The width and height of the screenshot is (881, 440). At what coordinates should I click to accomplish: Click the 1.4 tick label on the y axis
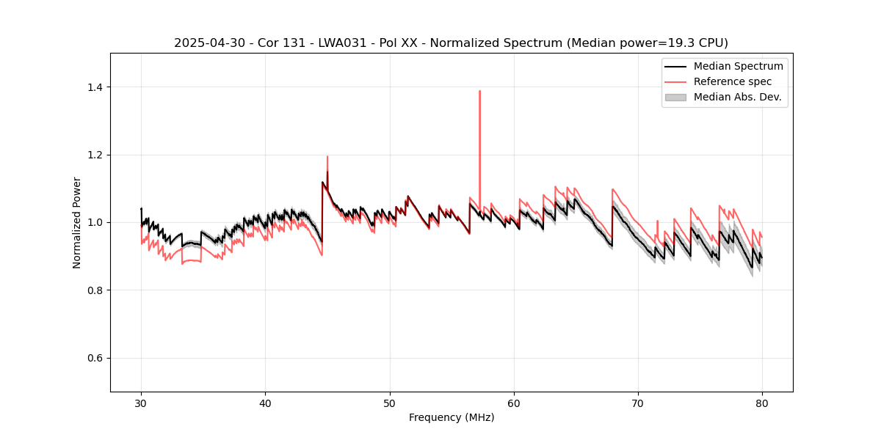coord(95,87)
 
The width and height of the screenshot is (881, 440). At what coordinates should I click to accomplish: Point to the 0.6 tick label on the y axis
coord(95,358)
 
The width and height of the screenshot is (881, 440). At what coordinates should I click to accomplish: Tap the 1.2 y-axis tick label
coord(95,155)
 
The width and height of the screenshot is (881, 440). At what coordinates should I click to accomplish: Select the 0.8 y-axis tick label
coord(95,290)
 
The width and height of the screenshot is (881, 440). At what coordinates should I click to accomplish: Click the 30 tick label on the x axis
coord(141,403)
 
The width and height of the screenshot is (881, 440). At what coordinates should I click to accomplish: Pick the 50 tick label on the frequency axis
coord(390,403)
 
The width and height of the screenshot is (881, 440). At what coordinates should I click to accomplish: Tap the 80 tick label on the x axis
coord(762,403)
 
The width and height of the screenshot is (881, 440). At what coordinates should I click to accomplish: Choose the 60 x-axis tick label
coord(514,403)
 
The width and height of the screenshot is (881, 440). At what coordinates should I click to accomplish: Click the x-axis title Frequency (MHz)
coord(452,417)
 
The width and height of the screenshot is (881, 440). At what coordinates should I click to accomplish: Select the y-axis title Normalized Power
coord(77,222)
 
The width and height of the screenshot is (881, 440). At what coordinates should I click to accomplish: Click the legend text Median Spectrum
coord(738,66)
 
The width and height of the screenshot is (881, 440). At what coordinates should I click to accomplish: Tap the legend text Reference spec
coord(733,81)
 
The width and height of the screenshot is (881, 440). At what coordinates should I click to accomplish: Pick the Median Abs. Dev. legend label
coord(737,97)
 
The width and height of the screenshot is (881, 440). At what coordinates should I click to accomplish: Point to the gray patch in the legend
coord(675,97)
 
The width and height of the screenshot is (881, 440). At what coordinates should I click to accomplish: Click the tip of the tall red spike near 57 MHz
coord(479,91)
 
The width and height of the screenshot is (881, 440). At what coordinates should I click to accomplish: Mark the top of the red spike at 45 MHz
coord(327,156)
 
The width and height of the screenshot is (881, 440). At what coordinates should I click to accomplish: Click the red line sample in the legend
coord(675,81)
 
